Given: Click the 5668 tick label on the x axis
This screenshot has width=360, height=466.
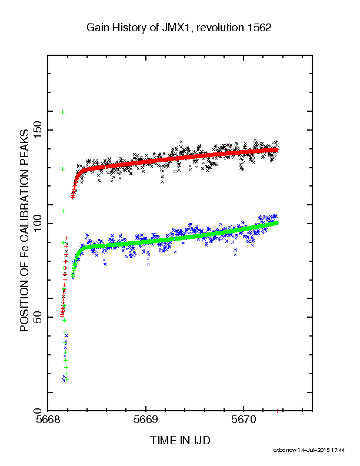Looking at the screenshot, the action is tap(48, 420).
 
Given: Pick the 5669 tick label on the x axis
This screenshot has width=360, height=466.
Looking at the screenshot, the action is tap(145, 420).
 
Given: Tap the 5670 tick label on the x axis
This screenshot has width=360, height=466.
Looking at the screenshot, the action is tap(244, 420).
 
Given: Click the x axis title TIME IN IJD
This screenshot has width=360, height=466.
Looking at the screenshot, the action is tap(180, 440).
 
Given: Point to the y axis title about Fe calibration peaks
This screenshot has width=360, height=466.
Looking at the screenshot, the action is tap(24, 231).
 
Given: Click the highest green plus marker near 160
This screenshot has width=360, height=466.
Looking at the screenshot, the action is tap(63, 112).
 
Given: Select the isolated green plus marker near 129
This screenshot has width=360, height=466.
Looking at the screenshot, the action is tap(63, 169).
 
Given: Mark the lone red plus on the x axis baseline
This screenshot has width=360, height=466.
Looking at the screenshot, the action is tap(277, 411).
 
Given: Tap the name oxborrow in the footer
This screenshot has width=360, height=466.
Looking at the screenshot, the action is tap(285, 450).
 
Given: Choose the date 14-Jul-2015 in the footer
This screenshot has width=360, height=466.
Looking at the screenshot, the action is tap(315, 450).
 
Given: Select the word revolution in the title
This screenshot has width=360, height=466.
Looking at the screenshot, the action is tap(220, 28).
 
